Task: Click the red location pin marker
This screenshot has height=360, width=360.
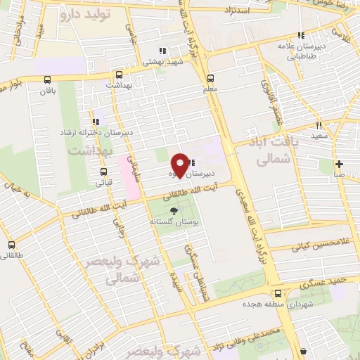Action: pos(181,165)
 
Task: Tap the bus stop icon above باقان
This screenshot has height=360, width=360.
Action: pos(48,80)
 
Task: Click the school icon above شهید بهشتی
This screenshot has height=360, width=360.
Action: pos(162,51)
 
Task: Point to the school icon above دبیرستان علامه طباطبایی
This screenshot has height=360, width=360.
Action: pos(300,35)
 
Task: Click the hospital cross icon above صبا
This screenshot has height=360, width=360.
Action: pos(339,163)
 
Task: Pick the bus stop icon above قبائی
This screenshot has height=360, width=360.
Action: pos(104,171)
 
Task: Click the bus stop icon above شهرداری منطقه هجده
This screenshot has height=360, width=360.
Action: pos(278,292)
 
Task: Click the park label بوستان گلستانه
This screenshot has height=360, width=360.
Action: pos(172,221)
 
